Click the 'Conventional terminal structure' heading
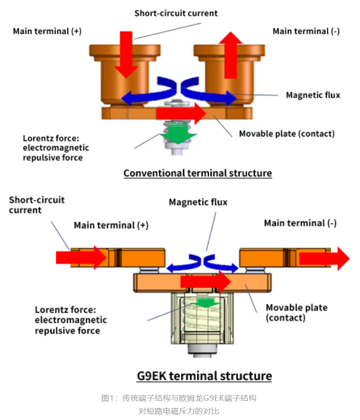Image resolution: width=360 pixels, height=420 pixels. click(x=198, y=173)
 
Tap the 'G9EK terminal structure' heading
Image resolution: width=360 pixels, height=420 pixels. click(x=204, y=376)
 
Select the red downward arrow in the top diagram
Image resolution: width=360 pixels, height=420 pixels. click(x=126, y=55)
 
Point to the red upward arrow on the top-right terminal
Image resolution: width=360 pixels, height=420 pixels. click(x=231, y=55)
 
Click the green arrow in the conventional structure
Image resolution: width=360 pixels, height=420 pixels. click(x=178, y=134)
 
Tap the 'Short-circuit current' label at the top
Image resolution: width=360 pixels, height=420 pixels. click(x=176, y=13)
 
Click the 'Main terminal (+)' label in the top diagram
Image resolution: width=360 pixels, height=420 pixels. click(x=47, y=31)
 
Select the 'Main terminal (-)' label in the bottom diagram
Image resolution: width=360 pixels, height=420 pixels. click(x=300, y=223)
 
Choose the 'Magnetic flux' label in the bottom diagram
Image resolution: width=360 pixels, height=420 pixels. click(x=198, y=202)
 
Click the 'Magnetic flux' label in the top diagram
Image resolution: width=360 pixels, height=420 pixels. click(x=313, y=95)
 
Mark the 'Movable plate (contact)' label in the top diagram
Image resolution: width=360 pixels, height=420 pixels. click(x=287, y=134)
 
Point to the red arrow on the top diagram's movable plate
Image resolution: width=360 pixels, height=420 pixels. click(x=181, y=113)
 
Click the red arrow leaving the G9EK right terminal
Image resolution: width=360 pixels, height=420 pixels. click(x=324, y=259)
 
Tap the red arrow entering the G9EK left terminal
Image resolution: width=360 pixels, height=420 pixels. click(x=81, y=258)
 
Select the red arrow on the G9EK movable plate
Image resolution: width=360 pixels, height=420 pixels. click(x=206, y=282)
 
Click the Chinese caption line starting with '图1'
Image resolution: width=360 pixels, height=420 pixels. click(x=179, y=398)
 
